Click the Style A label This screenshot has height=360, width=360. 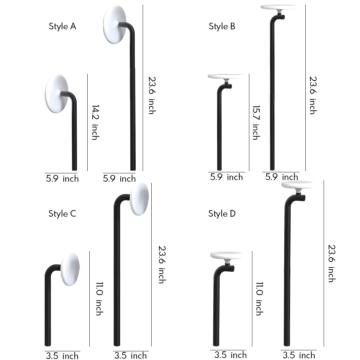[x=62, y=26]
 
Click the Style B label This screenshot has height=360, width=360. [x=222, y=26]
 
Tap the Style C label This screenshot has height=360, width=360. [x=62, y=214]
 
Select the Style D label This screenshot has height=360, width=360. [x=222, y=214]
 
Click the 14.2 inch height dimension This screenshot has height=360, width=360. [x=96, y=122]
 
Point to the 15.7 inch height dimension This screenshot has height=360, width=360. [x=256, y=122]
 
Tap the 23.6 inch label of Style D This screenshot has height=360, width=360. [x=331, y=263]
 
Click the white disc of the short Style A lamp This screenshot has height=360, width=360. [x=56, y=94]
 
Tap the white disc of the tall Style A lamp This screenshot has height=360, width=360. [x=115, y=24]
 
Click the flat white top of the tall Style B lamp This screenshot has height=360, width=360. [x=278, y=7]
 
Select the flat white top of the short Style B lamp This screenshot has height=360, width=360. [x=226, y=76]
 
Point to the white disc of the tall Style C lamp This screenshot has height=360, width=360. [x=139, y=199]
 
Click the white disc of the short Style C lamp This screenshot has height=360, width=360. [x=70, y=269]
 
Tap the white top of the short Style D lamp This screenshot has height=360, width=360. [x=226, y=255]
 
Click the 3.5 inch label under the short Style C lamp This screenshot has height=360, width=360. [x=62, y=356]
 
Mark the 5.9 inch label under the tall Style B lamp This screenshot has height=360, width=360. [x=282, y=177]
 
